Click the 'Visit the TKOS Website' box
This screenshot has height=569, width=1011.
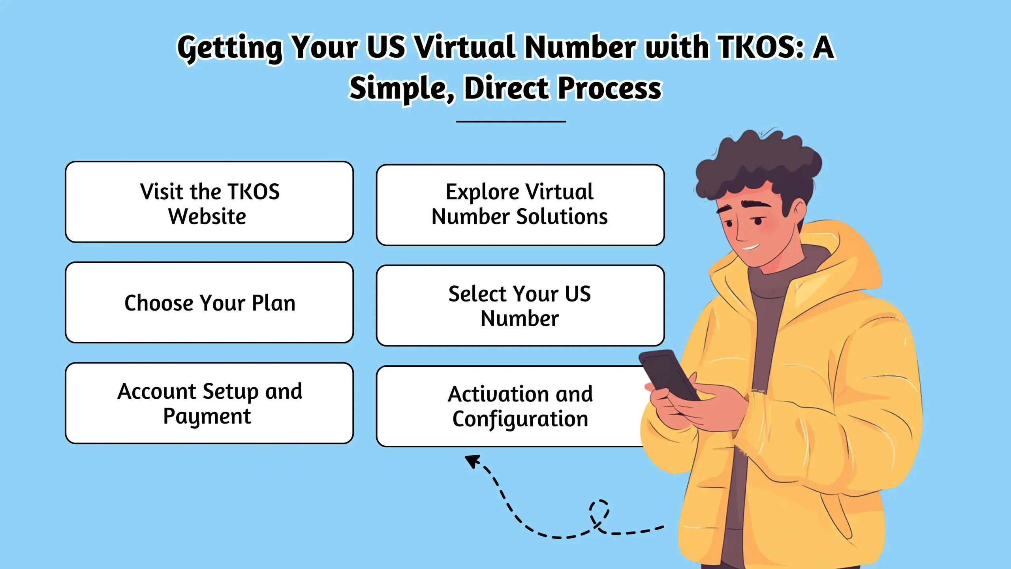click(209, 202)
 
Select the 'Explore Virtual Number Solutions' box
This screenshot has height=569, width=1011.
click(520, 205)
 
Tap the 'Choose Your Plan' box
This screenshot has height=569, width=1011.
click(209, 302)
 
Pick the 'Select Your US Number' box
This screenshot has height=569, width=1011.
click(520, 305)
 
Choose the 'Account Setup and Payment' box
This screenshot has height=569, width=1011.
click(209, 403)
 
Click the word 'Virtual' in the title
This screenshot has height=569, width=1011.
click(466, 47)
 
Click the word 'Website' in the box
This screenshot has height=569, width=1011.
click(207, 216)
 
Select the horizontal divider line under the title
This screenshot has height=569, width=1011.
click(511, 121)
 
